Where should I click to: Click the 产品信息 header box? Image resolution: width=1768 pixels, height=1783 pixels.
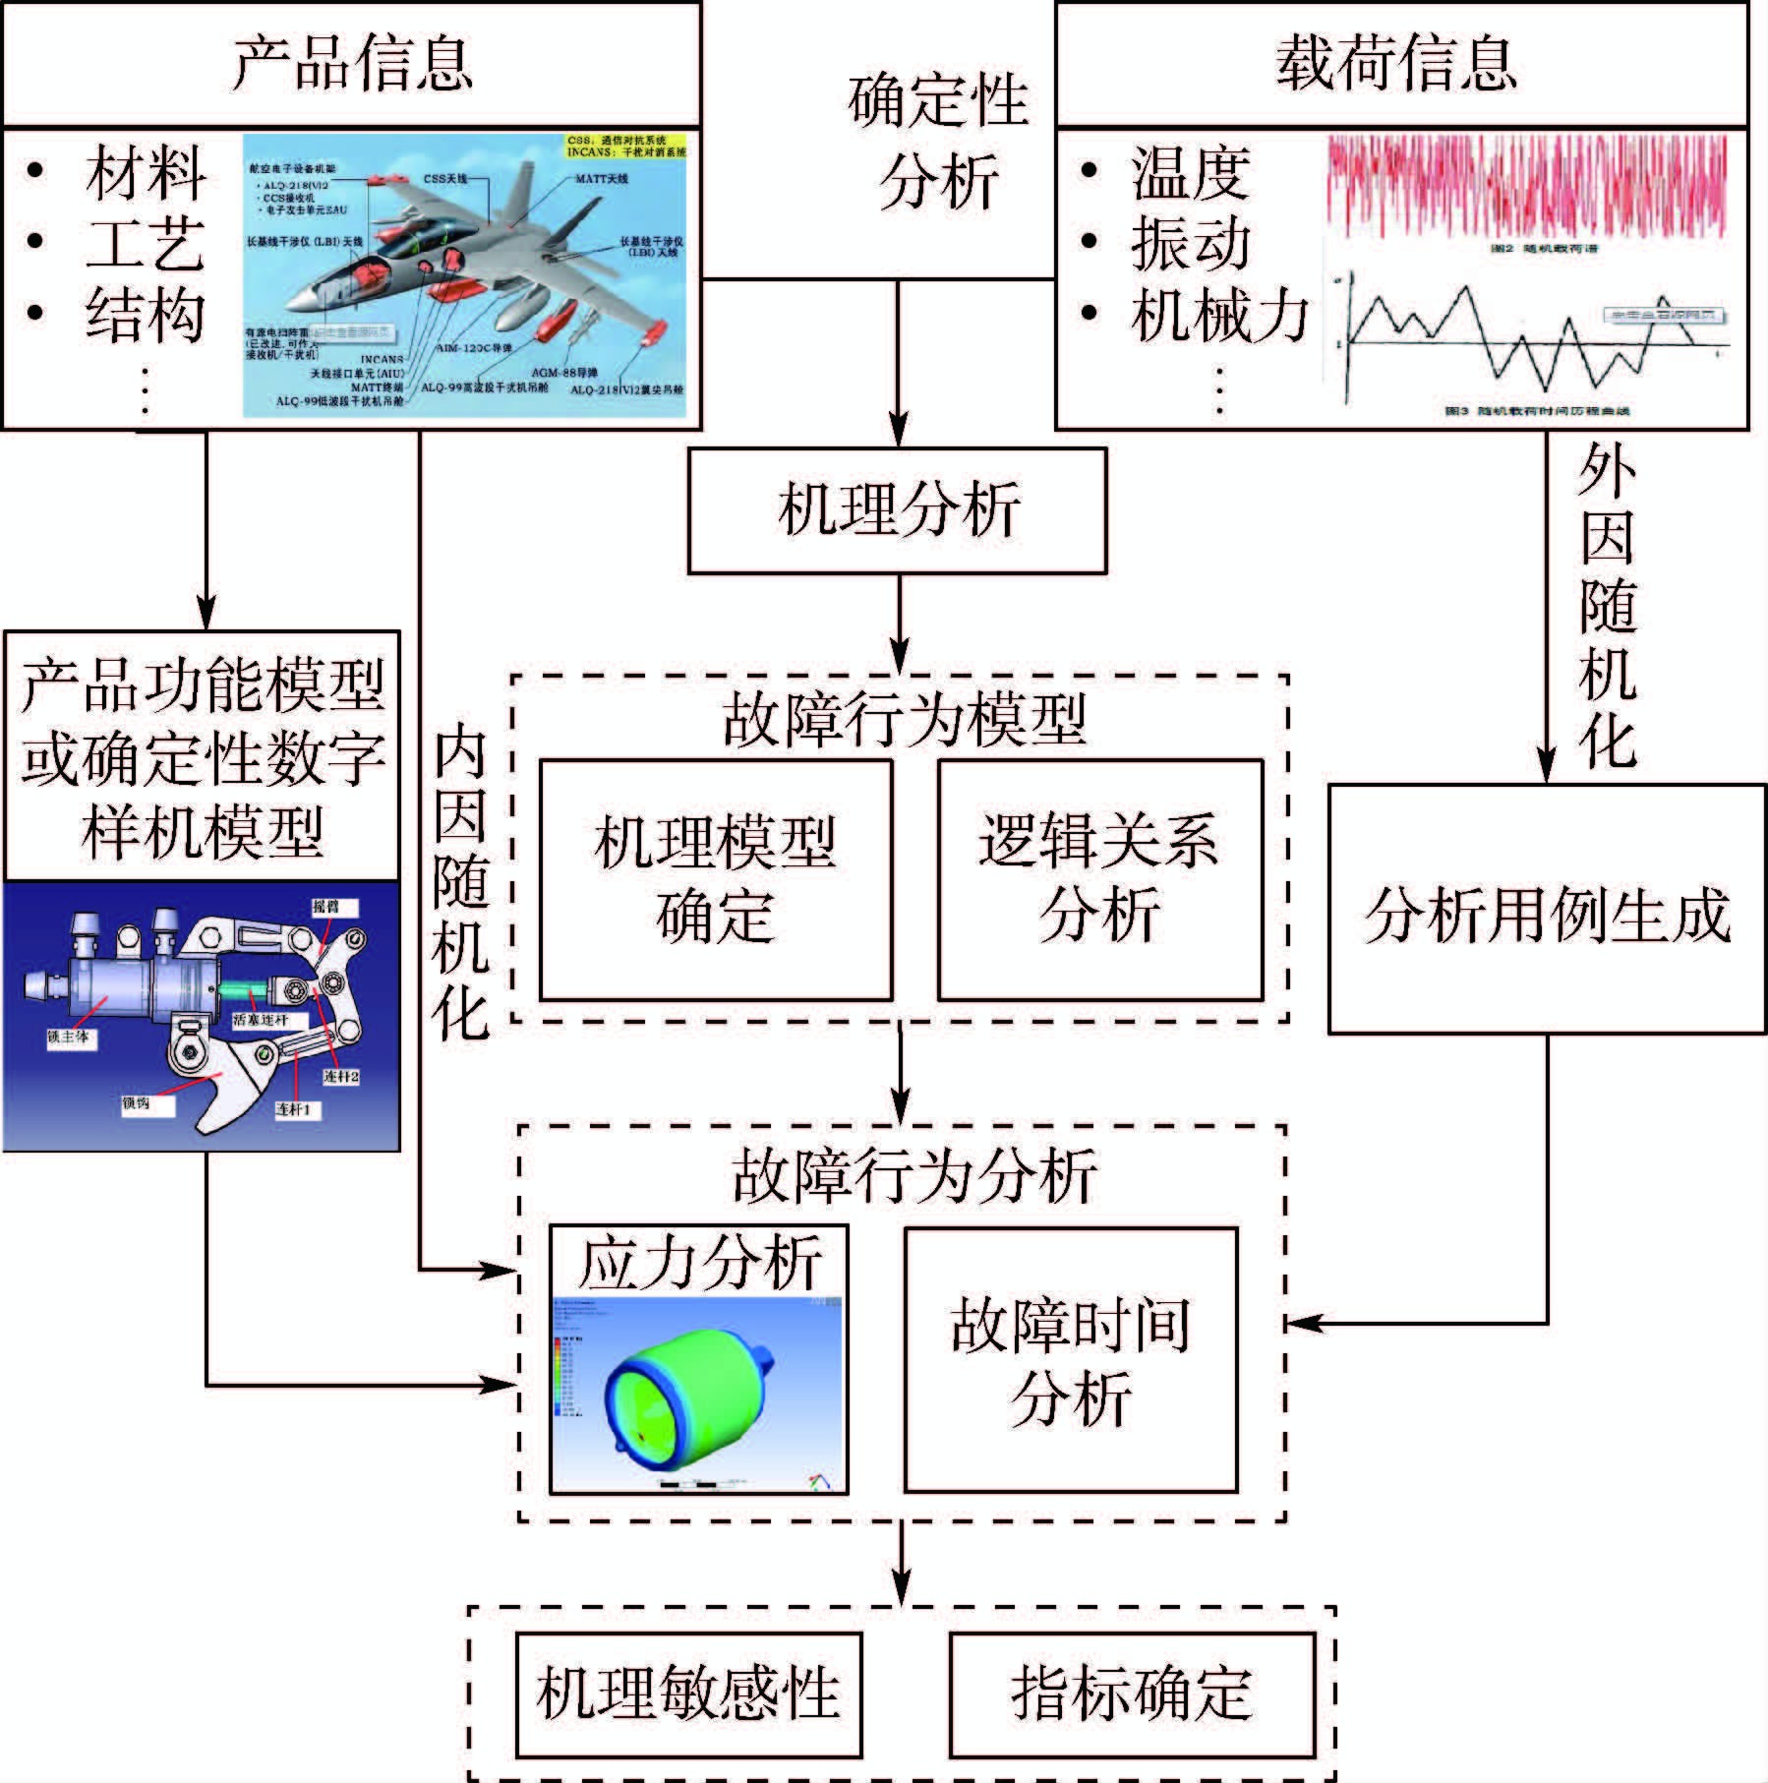point(351,64)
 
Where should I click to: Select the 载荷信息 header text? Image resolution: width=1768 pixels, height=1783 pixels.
point(1396,64)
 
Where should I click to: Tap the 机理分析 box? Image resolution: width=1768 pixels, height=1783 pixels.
point(897,510)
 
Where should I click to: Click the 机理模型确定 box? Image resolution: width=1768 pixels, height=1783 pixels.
point(716,879)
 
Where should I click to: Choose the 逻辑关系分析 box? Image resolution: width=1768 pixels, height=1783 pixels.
point(1099,879)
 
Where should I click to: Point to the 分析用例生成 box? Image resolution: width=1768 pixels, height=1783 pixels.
point(1547,910)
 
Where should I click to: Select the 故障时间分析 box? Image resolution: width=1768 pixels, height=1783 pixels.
point(1070,1360)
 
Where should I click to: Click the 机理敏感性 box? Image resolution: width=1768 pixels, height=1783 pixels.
point(688,1694)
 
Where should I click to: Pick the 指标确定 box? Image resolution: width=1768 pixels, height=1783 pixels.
point(1132,1694)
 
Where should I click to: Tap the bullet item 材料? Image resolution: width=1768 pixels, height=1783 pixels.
point(146,173)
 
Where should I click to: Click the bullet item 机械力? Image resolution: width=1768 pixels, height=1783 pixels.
point(1219,316)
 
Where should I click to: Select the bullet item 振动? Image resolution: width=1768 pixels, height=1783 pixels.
point(1190,244)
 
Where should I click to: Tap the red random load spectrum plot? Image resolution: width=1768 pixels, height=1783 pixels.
point(1527,187)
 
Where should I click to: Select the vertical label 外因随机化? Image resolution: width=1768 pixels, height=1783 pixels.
point(1607,605)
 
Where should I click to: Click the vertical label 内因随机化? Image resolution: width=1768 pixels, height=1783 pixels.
point(460,885)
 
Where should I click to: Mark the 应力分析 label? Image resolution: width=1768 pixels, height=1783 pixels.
point(699,1264)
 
